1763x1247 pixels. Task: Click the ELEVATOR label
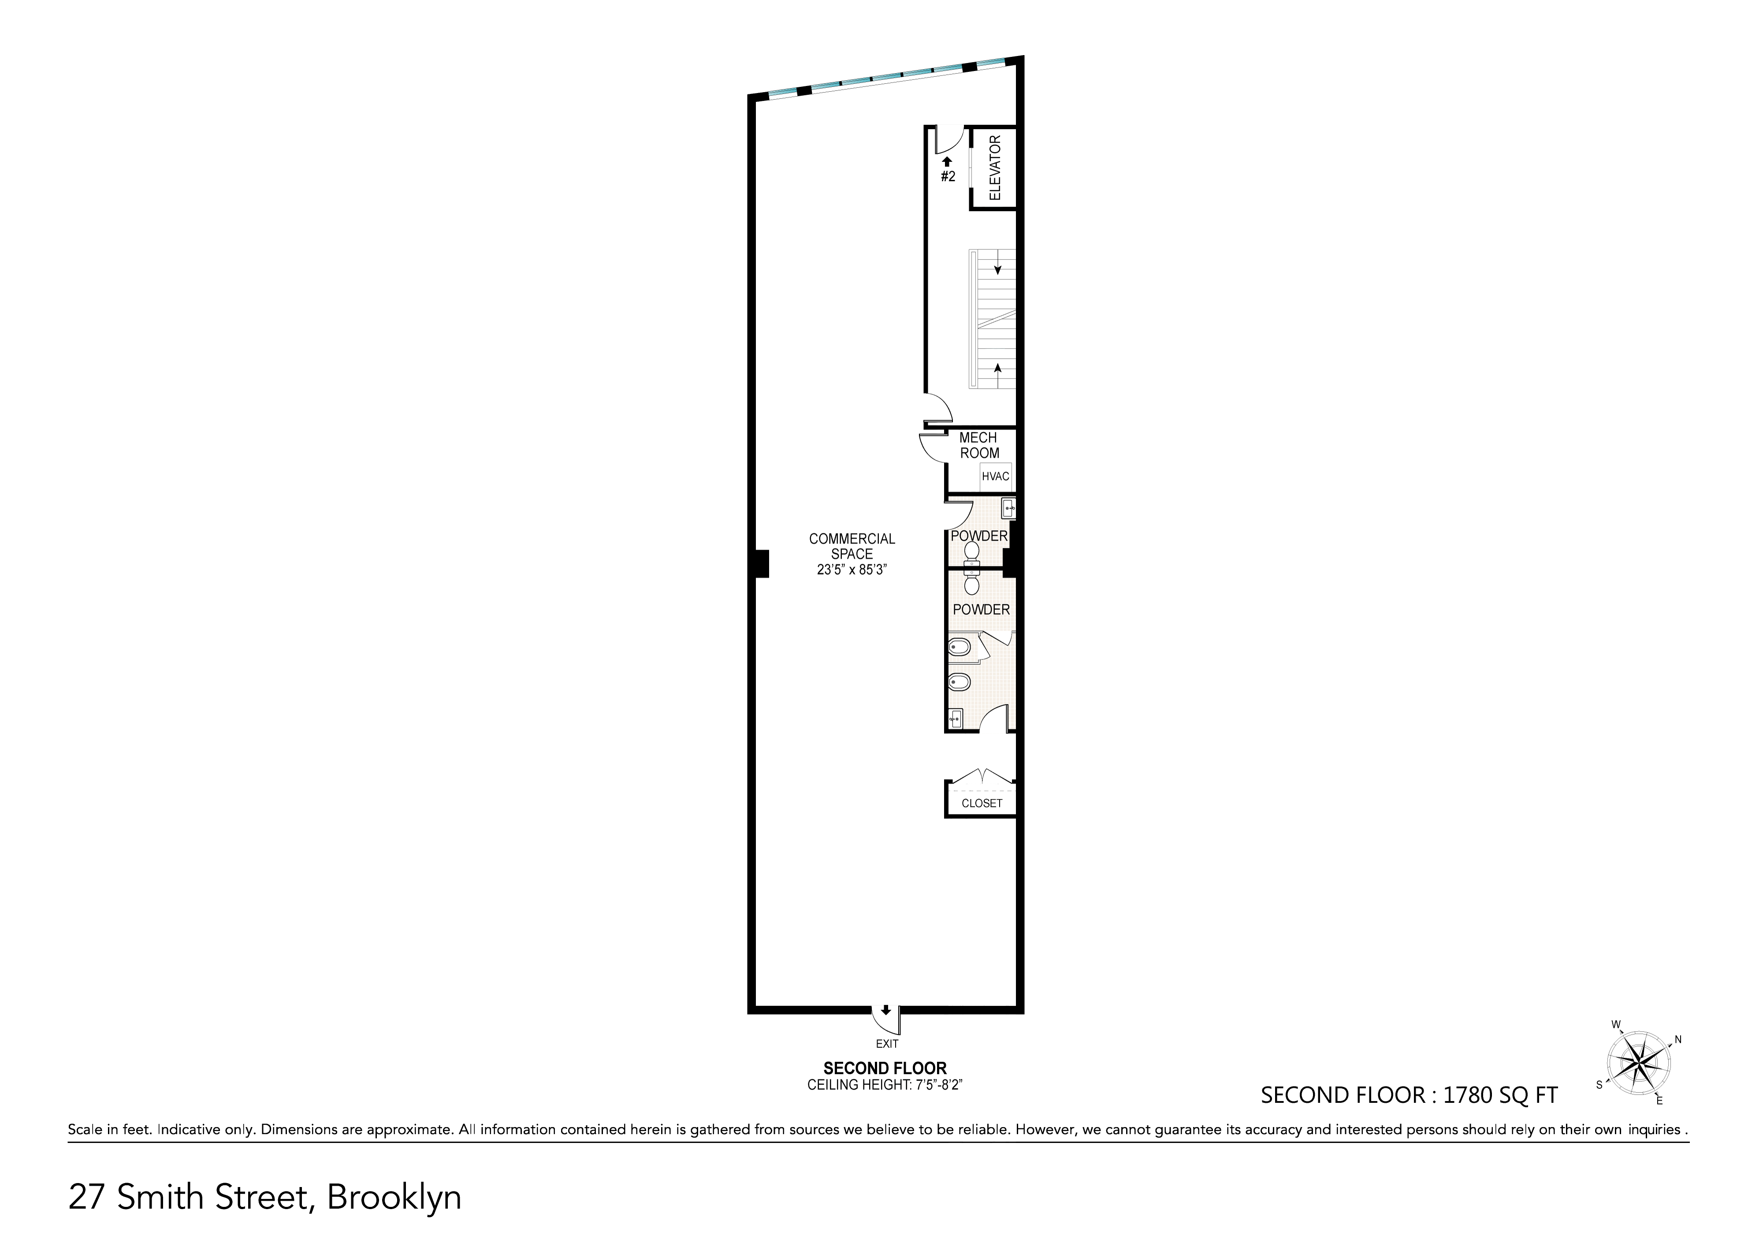(x=995, y=168)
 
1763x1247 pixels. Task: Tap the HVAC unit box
(x=995, y=476)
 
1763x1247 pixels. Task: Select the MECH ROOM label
(x=979, y=445)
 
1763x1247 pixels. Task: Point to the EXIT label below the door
(x=887, y=1043)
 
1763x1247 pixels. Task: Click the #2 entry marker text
(x=948, y=177)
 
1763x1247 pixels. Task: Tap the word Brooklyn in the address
(x=394, y=1198)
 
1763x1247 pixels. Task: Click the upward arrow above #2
(x=948, y=161)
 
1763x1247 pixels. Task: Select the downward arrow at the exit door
(x=885, y=1010)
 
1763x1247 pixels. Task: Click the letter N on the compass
(x=1678, y=1040)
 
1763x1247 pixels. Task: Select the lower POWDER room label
(x=981, y=610)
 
